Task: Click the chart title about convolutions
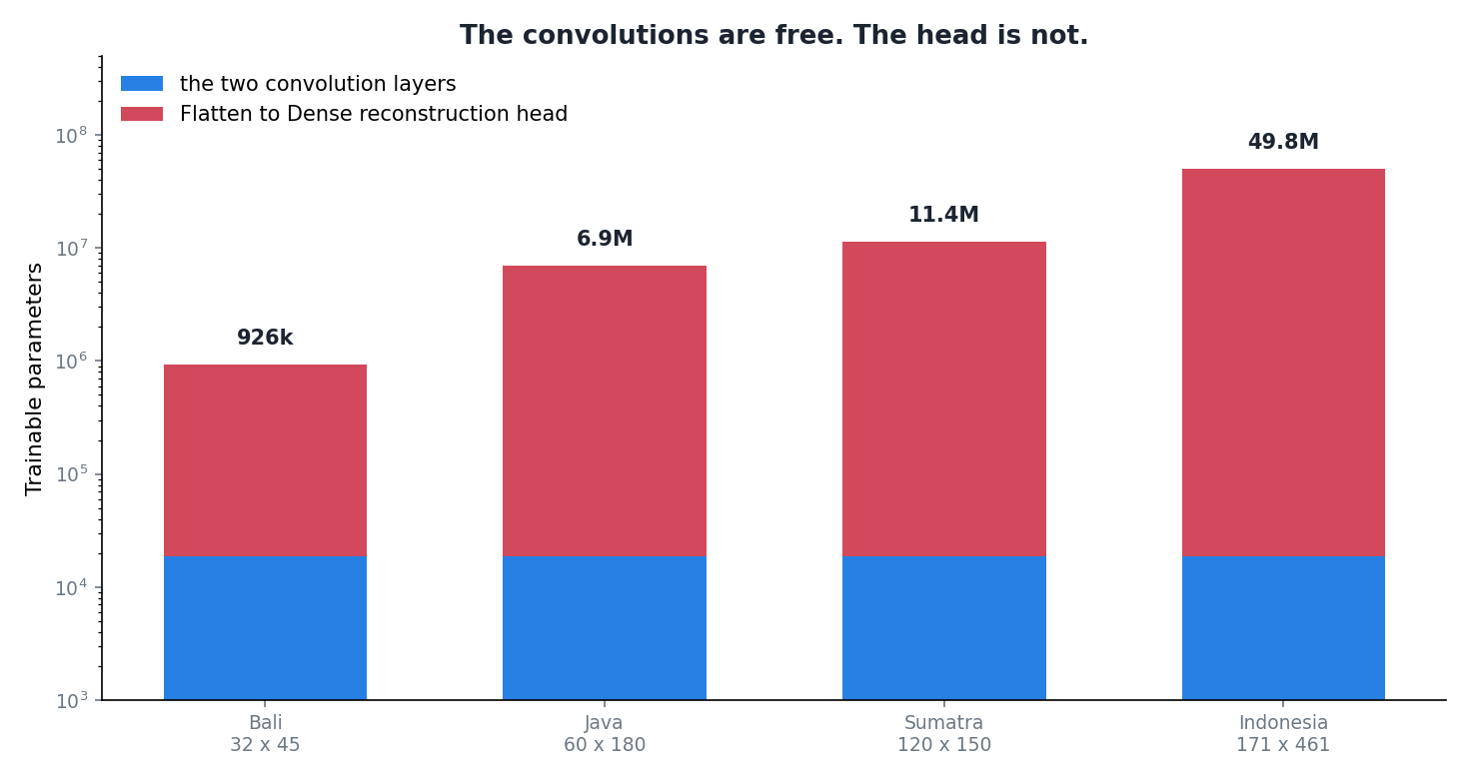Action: coord(773,35)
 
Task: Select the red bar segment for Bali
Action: coord(265,460)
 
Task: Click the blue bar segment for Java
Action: coord(605,628)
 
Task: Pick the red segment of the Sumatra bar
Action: coord(944,399)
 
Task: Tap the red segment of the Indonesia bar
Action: coord(1283,363)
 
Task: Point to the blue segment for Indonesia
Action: coord(1283,628)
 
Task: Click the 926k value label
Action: coord(265,338)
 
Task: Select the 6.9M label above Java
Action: coord(605,239)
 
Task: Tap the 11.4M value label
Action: coord(943,215)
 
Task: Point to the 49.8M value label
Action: coord(1283,142)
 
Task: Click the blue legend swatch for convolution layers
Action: coord(142,83)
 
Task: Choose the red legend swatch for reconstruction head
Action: coord(142,113)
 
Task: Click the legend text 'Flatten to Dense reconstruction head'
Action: coord(374,113)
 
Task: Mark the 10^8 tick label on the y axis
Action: coord(71,136)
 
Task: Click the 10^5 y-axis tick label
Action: coord(71,474)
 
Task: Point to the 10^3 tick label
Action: coord(71,701)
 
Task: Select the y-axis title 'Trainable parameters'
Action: coord(34,380)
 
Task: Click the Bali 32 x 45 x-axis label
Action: coord(265,734)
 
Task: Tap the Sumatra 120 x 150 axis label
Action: coord(944,734)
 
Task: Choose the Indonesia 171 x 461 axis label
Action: coord(1283,734)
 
